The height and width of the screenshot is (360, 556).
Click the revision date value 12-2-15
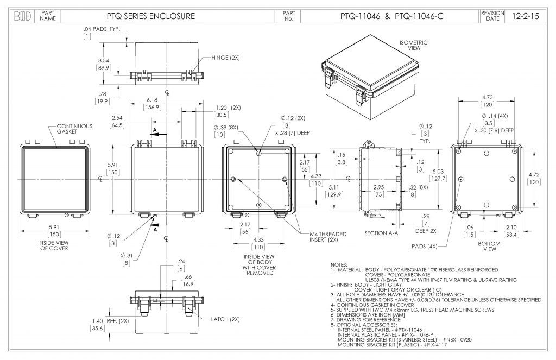click(x=526, y=16)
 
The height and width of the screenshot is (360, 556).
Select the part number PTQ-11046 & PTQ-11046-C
click(x=388, y=16)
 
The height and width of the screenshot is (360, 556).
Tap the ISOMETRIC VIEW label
click(x=414, y=45)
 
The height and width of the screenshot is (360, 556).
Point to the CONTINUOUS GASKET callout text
click(x=75, y=129)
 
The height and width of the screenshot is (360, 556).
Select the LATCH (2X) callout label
click(x=226, y=319)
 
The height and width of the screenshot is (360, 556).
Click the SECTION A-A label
click(x=382, y=232)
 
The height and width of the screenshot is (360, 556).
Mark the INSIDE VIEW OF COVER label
click(x=53, y=245)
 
